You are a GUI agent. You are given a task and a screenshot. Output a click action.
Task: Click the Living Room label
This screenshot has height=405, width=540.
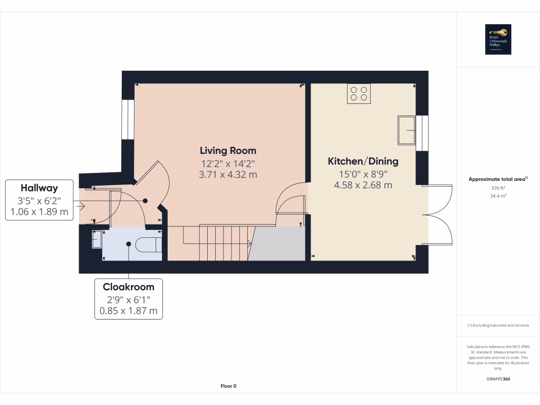228,150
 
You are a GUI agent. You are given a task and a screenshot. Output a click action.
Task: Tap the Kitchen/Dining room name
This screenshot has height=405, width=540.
363,161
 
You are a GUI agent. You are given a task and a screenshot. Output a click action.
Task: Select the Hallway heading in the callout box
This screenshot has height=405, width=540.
39,188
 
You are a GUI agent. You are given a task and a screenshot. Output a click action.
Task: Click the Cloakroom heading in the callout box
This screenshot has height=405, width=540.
129,287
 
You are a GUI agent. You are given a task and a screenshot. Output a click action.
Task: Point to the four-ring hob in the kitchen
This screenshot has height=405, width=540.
359,94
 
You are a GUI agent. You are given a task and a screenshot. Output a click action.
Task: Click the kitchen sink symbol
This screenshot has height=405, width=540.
407,130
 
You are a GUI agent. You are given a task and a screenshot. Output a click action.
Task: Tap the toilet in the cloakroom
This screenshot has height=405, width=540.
149,244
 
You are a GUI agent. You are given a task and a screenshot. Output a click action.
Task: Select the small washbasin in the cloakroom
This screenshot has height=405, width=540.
96,239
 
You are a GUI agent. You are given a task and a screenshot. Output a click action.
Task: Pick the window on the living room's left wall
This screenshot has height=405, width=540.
128,119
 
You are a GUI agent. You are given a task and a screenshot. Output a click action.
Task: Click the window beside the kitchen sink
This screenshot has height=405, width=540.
422,133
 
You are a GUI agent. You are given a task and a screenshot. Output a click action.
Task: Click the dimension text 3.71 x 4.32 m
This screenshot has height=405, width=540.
228,175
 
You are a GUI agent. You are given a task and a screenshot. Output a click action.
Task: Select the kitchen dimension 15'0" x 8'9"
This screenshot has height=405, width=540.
363,173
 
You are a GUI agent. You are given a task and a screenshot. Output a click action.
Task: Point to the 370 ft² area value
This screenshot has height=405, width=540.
498,188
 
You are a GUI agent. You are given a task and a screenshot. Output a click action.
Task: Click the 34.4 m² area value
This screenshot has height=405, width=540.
498,196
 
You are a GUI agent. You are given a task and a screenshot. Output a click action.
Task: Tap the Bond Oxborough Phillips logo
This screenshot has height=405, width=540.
498,40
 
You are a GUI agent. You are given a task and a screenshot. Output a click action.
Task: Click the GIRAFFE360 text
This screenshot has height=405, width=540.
498,379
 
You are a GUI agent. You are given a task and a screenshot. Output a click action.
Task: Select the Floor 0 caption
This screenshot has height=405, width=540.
228,386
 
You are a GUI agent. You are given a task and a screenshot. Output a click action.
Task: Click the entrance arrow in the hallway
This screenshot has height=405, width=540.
80,206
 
